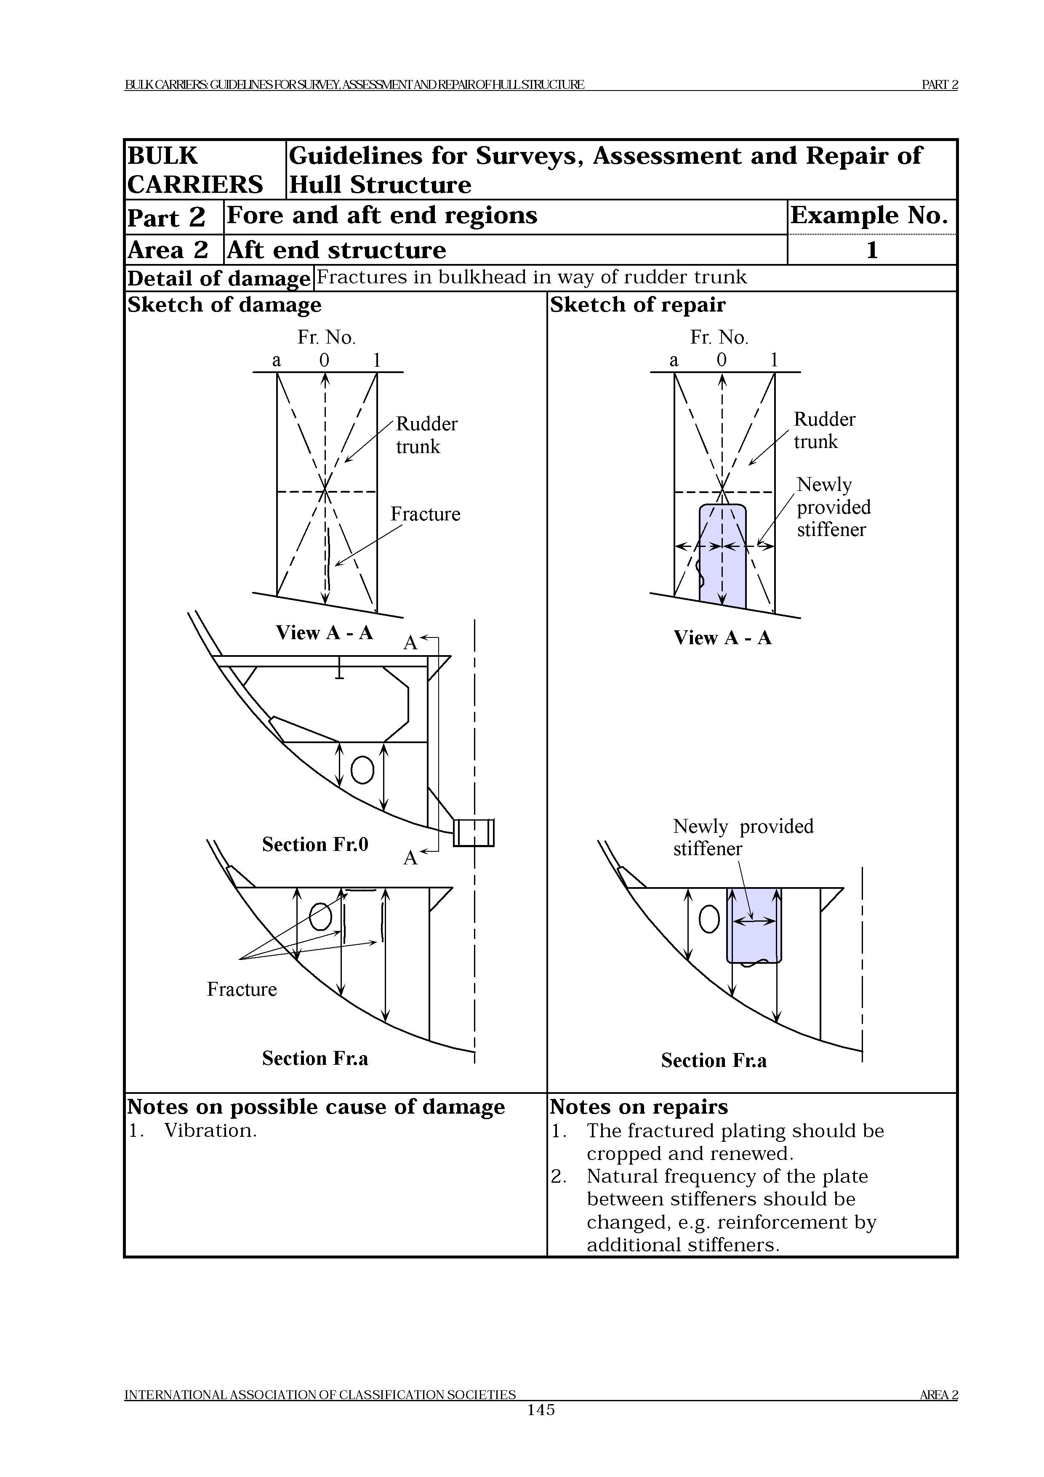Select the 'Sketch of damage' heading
tap(224, 304)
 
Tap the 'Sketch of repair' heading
tap(637, 304)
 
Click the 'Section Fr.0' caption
tap(314, 844)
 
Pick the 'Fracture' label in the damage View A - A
tap(425, 514)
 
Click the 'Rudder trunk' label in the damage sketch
tap(426, 435)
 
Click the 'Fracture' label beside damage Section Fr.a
tap(242, 989)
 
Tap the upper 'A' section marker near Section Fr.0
tap(410, 642)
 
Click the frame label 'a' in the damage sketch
tap(277, 360)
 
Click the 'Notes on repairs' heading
tap(638, 1106)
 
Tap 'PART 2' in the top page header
tap(939, 84)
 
